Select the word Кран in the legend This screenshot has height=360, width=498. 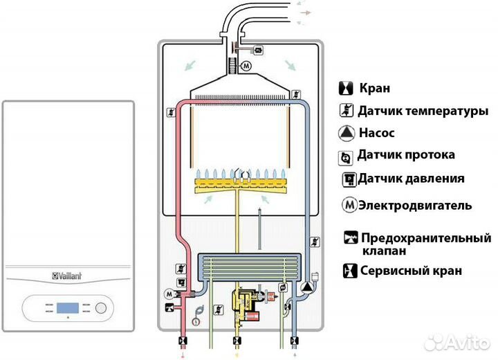[x=374, y=88]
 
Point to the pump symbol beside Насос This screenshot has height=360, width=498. [x=346, y=133]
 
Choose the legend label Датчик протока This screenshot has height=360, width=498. [x=406, y=155]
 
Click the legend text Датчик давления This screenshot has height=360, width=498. [x=410, y=179]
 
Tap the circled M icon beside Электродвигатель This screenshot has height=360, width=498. [x=350, y=206]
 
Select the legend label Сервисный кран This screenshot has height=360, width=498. [x=411, y=271]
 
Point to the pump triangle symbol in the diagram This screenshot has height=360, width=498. [x=305, y=287]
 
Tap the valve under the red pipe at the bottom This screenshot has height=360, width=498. [x=183, y=341]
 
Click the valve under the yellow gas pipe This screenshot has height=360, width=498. [x=238, y=341]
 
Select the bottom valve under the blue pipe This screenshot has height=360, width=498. [x=296, y=341]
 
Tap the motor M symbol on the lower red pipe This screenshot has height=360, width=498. [x=170, y=294]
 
